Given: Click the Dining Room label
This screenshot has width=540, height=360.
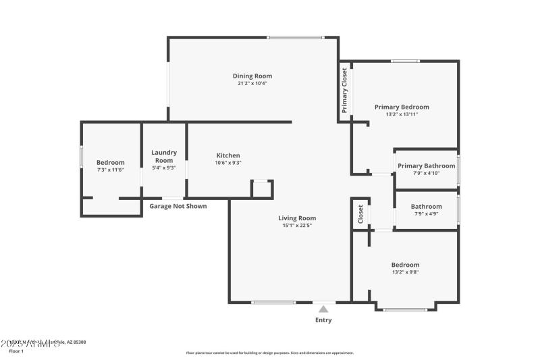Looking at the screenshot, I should click(x=252, y=76).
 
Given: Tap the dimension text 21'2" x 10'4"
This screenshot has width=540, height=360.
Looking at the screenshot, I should click(x=252, y=84).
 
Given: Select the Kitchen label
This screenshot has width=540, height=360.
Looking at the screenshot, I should click(x=227, y=155).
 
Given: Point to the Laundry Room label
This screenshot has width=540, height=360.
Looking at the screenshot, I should click(x=164, y=156).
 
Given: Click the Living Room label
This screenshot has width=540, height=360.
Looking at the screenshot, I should click(x=297, y=218).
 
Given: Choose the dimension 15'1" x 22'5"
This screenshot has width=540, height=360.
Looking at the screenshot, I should click(x=297, y=226).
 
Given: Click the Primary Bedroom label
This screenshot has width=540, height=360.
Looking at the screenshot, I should click(x=402, y=107).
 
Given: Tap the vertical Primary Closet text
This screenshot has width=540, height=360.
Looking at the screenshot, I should click(x=344, y=91).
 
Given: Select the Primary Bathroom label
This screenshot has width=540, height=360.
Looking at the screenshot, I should click(x=426, y=165).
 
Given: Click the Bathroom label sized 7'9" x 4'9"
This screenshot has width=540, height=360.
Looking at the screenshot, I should click(x=426, y=207).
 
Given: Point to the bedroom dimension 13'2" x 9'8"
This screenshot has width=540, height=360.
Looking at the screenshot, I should click(x=405, y=272).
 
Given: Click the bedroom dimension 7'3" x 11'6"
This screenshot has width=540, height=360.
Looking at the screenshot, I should click(x=110, y=170).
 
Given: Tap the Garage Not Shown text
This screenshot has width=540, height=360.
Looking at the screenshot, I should click(x=178, y=206).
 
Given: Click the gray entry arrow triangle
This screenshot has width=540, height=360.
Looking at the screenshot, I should click(x=323, y=309).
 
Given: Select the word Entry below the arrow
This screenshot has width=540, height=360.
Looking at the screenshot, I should click(x=323, y=320).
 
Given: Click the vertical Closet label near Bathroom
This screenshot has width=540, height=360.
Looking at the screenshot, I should click(x=360, y=214).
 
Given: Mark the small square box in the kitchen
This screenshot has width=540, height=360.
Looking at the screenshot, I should click(x=261, y=188).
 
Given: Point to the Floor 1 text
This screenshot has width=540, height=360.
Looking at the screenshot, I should click(x=16, y=351).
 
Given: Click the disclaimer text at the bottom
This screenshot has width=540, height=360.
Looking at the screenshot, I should click(x=269, y=353).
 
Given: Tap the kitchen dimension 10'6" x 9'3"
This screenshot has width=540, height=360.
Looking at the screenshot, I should click(x=227, y=163).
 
